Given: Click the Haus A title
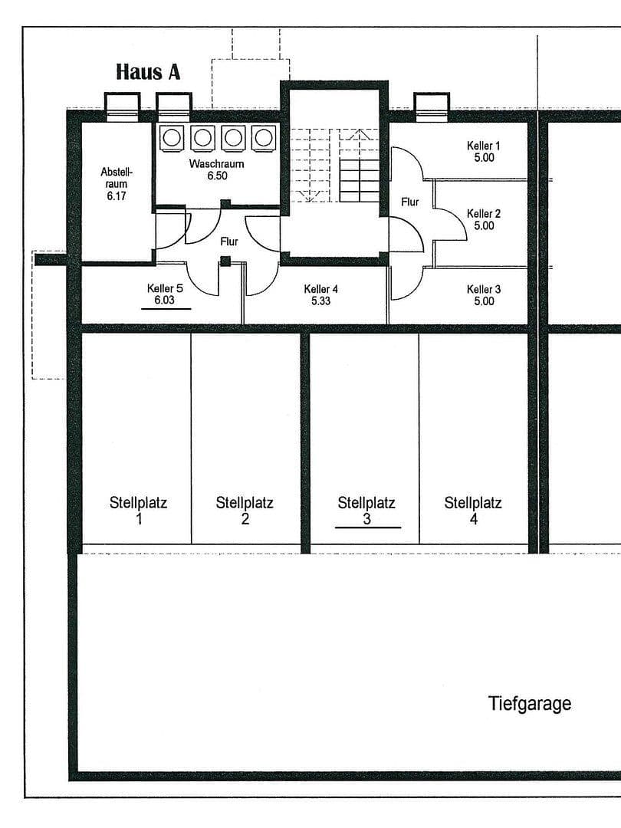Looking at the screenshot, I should (x=148, y=72).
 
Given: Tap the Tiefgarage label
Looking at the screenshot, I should (x=530, y=703).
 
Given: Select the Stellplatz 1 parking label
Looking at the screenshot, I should (x=138, y=511).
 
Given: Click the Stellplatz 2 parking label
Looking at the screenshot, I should (x=245, y=511).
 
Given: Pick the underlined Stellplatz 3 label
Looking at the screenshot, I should (x=366, y=511).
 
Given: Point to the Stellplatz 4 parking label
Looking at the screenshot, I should (x=473, y=511).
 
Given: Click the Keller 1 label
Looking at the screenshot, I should (x=484, y=151).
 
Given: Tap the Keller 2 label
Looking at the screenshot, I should (x=484, y=219).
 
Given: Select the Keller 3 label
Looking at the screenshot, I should (x=484, y=295).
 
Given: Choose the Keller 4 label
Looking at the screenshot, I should (x=320, y=295).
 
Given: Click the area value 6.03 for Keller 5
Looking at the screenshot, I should (x=165, y=301).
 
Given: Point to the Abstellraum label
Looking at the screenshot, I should (x=117, y=184).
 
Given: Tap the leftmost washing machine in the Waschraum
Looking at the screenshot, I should (x=172, y=137).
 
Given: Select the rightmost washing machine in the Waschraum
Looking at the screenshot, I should (x=263, y=137).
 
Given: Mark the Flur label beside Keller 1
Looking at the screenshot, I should (x=410, y=202).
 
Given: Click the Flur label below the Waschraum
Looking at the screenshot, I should (x=228, y=242).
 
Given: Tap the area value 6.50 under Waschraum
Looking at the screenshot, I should (x=216, y=176).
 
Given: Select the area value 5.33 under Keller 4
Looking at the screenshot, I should (x=320, y=301).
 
